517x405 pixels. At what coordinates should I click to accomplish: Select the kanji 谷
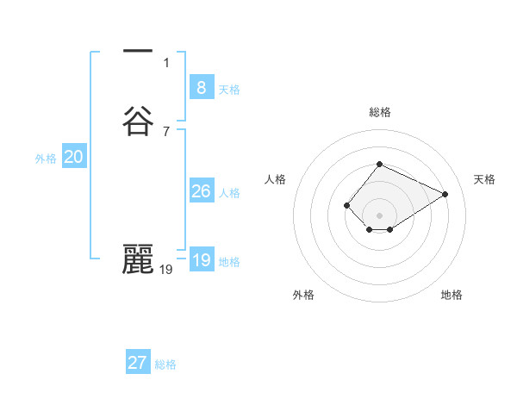click(138, 121)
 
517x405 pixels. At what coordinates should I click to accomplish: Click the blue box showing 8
click(201, 87)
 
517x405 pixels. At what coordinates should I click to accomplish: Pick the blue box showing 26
click(201, 191)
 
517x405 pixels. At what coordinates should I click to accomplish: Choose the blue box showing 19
click(201, 260)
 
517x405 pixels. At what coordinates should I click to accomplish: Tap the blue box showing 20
click(74, 157)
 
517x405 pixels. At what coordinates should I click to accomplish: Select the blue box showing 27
click(138, 363)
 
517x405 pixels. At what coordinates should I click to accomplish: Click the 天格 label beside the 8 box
click(229, 90)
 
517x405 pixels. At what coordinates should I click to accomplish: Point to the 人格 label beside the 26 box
click(229, 193)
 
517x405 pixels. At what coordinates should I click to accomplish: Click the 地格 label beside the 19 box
click(229, 262)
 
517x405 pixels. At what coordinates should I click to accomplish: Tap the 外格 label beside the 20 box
click(46, 159)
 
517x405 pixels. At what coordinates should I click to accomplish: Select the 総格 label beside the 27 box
click(165, 364)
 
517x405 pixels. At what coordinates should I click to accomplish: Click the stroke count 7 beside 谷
click(165, 131)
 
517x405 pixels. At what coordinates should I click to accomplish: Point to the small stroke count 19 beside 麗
click(166, 270)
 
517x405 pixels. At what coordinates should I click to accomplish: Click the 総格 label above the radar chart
click(380, 112)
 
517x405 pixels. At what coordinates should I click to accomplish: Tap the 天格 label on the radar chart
click(484, 179)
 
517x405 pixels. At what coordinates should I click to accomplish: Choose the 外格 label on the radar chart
click(303, 295)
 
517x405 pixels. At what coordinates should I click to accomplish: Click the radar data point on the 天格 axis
click(445, 194)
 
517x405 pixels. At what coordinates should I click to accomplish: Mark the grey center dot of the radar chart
click(380, 215)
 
